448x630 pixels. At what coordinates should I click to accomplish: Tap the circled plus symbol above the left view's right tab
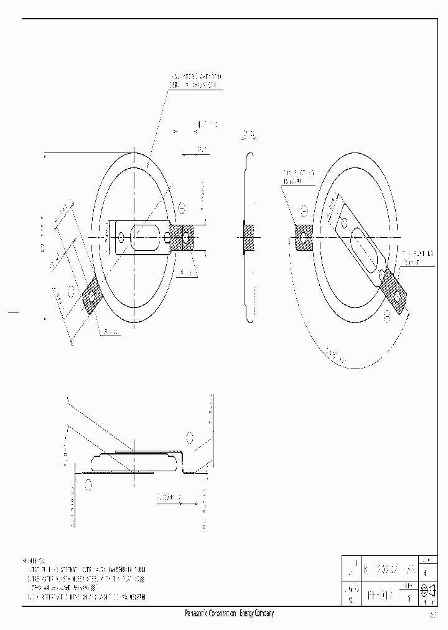pyautogui.click(x=182, y=207)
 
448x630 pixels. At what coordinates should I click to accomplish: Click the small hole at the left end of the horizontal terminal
pyautogui.click(x=121, y=237)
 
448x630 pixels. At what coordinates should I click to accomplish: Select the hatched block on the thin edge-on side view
pyautogui.click(x=249, y=237)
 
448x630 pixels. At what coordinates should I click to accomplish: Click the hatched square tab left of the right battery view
pyautogui.click(x=304, y=237)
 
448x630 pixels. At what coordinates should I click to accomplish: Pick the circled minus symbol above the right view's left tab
pyautogui.click(x=304, y=209)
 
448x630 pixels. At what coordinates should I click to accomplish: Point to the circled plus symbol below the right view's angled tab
pyautogui.click(x=386, y=316)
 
